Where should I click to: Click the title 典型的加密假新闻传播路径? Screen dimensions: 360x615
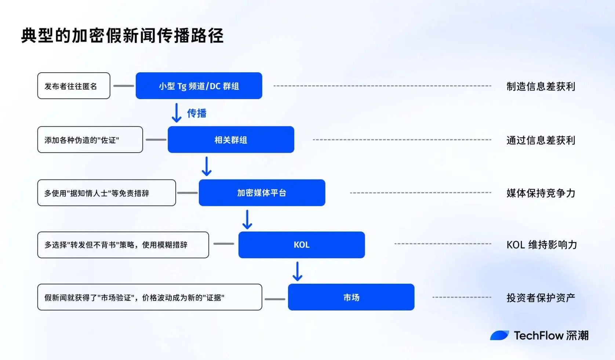pyautogui.click(x=122, y=36)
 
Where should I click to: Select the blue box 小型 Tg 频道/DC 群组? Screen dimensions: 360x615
pyautogui.click(x=199, y=86)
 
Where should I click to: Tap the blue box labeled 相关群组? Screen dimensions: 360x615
pyautogui.click(x=231, y=140)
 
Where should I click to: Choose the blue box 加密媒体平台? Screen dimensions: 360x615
pyautogui.click(x=262, y=193)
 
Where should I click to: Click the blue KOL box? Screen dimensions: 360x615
pyautogui.click(x=301, y=245)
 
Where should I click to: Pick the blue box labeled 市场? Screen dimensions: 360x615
pyautogui.click(x=351, y=297)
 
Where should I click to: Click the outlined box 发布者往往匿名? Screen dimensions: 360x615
pyautogui.click(x=74, y=86)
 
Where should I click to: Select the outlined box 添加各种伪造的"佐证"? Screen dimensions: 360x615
pyautogui.click(x=90, y=140)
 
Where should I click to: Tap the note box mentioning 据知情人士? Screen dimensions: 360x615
pyautogui.click(x=106, y=193)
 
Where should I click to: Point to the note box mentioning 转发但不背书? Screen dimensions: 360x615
pyautogui.click(x=123, y=245)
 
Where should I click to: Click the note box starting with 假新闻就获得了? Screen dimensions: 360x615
pyautogui.click(x=150, y=297)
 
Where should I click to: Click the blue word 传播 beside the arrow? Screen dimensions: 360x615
pyautogui.click(x=197, y=113)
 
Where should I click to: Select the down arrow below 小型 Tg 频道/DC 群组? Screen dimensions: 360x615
pyautogui.click(x=177, y=113)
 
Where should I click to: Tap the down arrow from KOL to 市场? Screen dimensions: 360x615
pyautogui.click(x=297, y=271)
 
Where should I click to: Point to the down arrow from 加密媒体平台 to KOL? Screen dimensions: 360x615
pyautogui.click(x=247, y=219)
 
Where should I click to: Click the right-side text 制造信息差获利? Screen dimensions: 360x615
pyautogui.click(x=541, y=87)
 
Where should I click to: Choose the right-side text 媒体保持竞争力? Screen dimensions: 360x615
pyautogui.click(x=541, y=193)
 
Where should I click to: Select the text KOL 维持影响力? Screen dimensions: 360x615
pyautogui.click(x=542, y=245)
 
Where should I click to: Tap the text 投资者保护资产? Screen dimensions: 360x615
pyautogui.click(x=541, y=298)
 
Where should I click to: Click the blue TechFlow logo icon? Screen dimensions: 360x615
pyautogui.click(x=499, y=335)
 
